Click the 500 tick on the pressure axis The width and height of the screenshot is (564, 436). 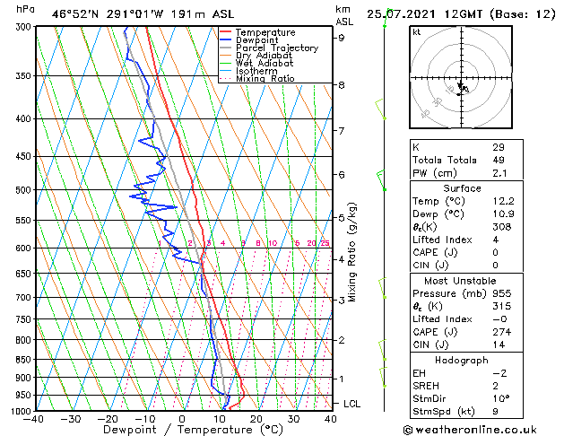coord(24,190)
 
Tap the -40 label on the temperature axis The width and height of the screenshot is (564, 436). coord(34,418)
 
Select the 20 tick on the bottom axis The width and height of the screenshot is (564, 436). coord(256,418)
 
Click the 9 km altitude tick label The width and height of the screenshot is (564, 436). coord(342,38)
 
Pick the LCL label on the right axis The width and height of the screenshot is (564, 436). coord(351,404)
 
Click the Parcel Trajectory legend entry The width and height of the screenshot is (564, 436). coord(276,48)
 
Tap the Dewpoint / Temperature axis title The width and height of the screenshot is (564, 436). coord(182,430)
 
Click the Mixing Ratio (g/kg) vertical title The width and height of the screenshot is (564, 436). coord(353,252)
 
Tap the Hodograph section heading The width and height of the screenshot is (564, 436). coord(462,360)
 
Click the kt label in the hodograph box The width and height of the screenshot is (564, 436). coord(416,32)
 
